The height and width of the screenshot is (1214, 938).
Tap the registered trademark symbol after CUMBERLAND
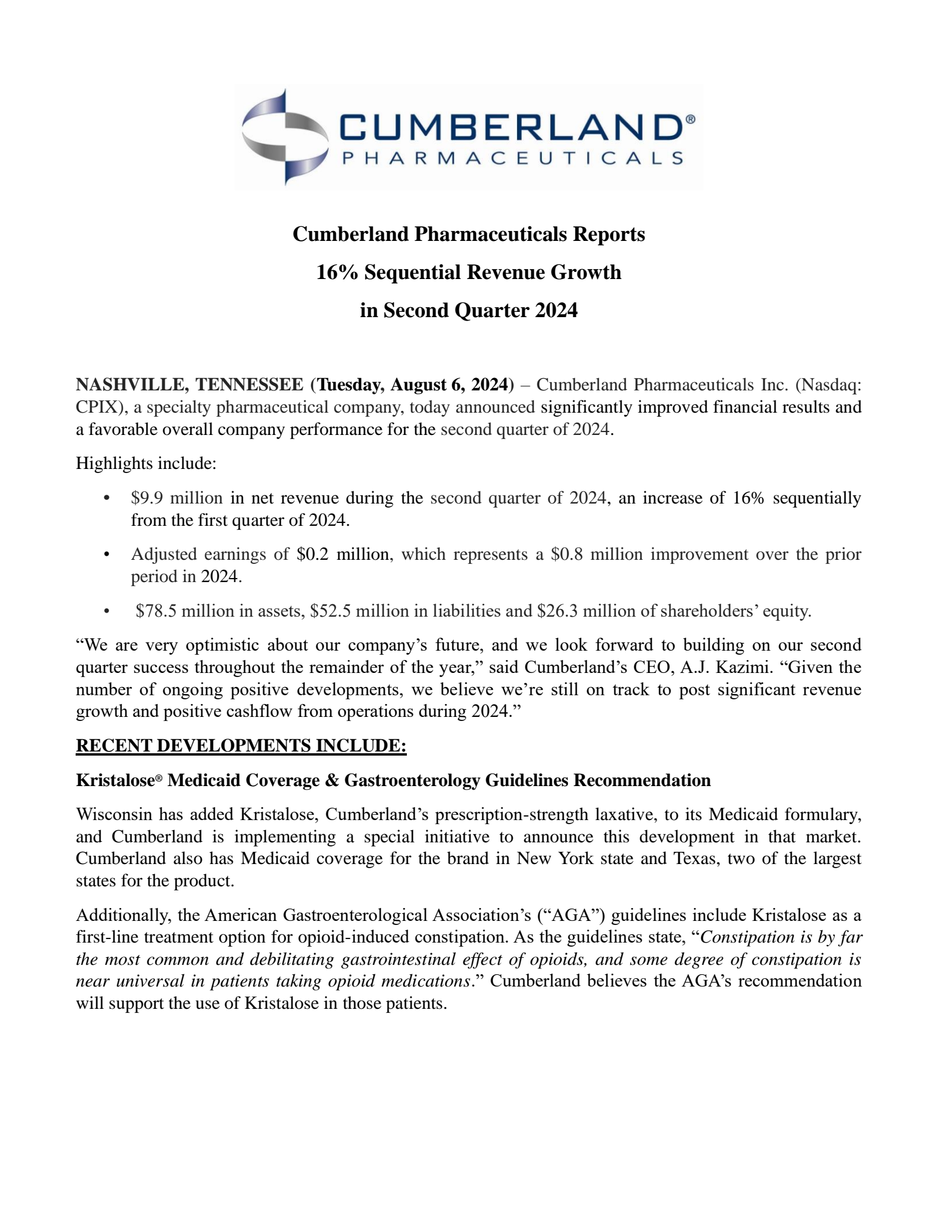(x=690, y=119)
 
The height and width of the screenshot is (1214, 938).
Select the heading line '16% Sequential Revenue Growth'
(x=468, y=272)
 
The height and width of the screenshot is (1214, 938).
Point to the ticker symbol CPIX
(x=97, y=407)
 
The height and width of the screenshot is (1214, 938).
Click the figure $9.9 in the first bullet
(x=147, y=498)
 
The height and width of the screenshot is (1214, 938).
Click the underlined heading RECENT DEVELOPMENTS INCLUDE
(x=241, y=746)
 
